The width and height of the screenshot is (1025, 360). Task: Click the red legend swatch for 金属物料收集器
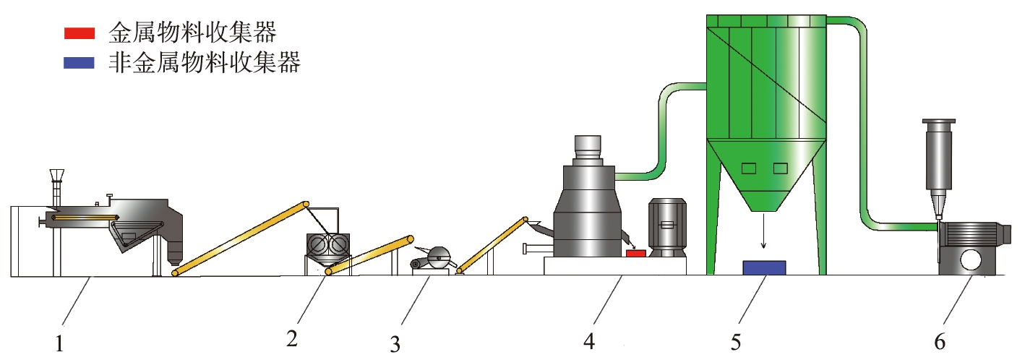pos(80,33)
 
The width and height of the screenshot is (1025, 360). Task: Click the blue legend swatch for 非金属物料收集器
pos(80,63)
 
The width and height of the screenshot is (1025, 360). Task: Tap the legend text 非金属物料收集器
pos(205,62)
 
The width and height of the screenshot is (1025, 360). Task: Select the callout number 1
pos(59,344)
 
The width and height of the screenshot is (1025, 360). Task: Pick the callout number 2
pos(292,339)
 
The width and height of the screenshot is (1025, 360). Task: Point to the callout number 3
pos(395,344)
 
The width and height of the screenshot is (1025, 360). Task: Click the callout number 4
pos(589,340)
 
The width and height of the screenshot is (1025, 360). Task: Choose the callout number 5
pos(736,342)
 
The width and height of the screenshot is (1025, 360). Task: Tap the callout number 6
pos(940,341)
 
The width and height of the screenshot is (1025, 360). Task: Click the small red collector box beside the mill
pos(635,253)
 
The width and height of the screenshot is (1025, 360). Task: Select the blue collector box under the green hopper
pos(764,267)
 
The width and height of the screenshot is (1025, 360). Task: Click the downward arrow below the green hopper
pos(763,230)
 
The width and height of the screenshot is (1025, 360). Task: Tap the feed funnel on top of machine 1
pos(56,176)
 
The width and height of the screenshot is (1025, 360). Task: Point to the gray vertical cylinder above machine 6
pos(938,155)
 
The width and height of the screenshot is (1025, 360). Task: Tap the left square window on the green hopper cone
pos(749,168)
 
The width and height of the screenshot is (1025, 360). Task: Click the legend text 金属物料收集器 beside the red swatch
pos(193,33)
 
